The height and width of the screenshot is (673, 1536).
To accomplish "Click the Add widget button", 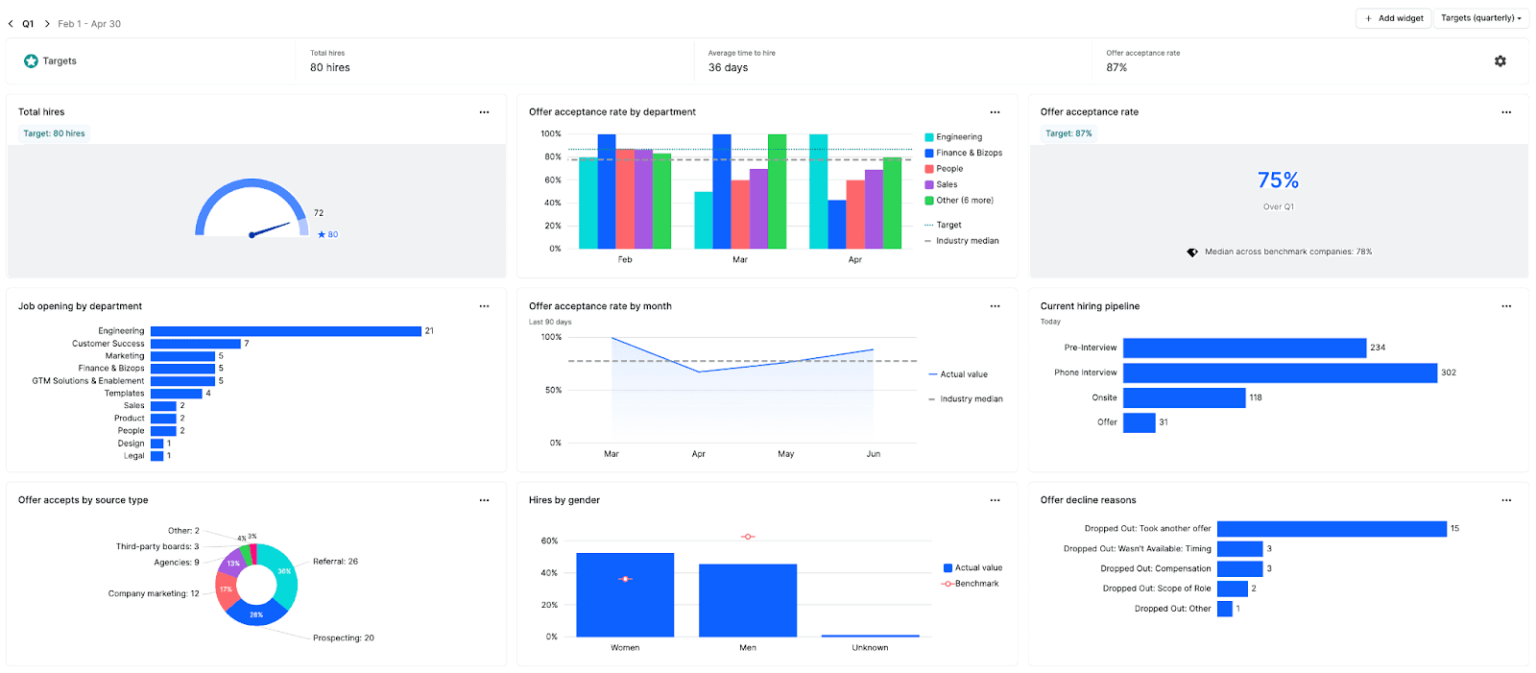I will click(1394, 18).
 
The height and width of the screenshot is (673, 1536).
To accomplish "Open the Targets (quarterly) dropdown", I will click(1480, 18).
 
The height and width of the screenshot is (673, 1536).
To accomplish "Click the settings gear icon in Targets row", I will click(1500, 61).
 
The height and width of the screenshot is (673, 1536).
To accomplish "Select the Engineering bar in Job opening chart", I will click(285, 331).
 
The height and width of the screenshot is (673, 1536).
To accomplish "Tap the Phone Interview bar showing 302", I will click(1279, 373).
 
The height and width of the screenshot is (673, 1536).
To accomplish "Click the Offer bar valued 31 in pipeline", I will click(1139, 422).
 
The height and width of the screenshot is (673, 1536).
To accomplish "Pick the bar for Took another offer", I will click(1331, 529).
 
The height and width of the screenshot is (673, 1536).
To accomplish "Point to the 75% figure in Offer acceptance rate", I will click(1278, 180).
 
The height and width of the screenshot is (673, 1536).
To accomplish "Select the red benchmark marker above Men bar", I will click(748, 537).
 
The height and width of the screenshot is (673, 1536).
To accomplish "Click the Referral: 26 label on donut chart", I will click(335, 562).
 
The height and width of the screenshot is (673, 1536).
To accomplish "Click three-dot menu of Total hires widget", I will click(484, 112).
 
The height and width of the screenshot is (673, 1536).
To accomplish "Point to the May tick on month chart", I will click(785, 454).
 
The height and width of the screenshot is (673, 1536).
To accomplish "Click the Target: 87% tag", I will click(1068, 133).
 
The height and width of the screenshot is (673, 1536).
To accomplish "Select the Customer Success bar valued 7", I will click(195, 344).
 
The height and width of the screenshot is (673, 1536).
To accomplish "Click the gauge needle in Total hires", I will click(271, 228).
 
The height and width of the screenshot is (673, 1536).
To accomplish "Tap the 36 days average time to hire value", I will click(728, 68).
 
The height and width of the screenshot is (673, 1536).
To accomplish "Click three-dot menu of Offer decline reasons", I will click(1505, 500).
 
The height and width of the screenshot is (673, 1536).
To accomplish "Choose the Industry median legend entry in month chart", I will click(971, 399).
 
